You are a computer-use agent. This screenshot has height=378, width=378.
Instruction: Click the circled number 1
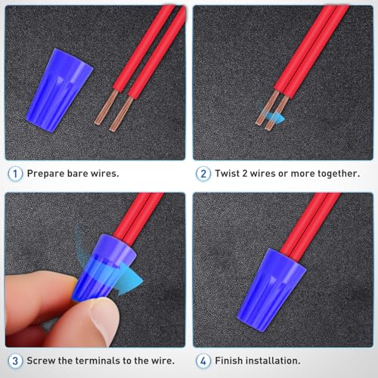15,174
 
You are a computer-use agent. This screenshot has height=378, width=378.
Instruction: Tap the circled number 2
203,174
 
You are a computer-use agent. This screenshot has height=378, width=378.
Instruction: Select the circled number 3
15,361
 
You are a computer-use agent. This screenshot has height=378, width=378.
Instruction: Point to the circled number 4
203,361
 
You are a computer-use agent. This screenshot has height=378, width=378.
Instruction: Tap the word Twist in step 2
227,173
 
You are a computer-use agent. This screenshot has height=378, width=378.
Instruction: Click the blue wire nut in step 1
60,91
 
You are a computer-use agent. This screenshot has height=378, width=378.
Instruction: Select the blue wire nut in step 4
271,290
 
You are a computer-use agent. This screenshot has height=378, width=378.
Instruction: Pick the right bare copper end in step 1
122,113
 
